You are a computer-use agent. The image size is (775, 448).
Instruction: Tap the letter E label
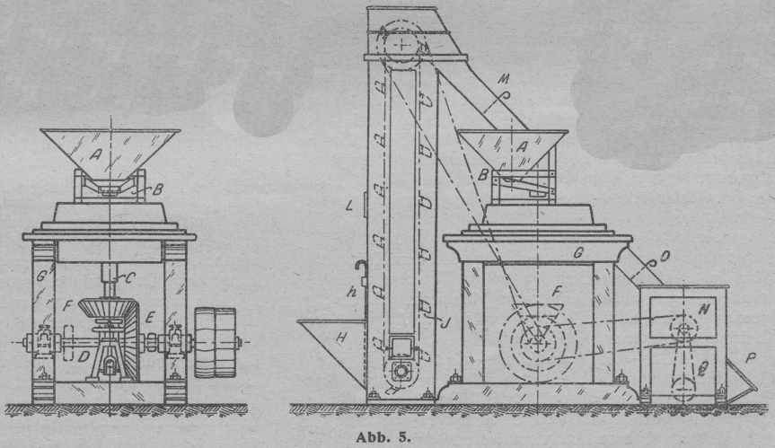click(151, 317)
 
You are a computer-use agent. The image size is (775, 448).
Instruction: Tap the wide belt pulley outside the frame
click(214, 342)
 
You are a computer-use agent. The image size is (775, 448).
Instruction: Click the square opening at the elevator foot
click(397, 346)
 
